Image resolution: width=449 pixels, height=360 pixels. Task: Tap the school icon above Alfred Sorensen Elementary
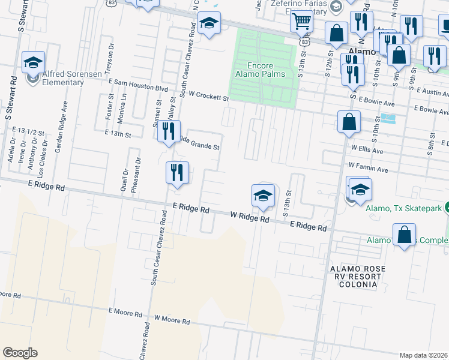tap(33, 63)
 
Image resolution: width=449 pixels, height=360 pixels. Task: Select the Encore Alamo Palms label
tap(260, 70)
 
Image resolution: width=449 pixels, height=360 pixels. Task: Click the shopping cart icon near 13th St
tap(301, 23)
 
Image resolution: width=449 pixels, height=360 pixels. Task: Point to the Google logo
tap(20, 353)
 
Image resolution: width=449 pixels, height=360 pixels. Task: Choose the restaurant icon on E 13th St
tap(169, 130)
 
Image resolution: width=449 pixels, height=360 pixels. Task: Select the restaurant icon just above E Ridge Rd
tap(177, 172)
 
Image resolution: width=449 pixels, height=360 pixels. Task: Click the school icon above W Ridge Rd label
tap(262, 196)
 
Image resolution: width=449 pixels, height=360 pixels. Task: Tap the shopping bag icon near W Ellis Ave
tap(349, 122)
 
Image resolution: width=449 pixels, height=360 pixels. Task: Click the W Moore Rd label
tap(172, 319)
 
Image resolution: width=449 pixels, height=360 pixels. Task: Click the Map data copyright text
tap(424, 355)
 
